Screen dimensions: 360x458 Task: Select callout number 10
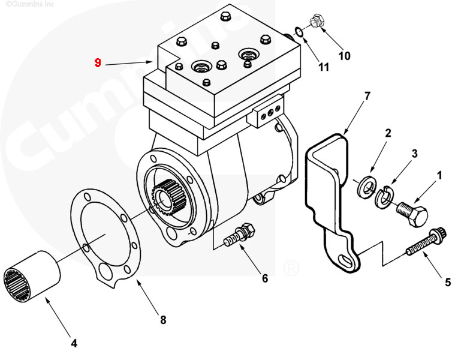(x=344, y=56)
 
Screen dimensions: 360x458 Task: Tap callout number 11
(x=323, y=67)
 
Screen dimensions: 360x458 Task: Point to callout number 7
(x=367, y=95)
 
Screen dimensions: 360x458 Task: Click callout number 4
(x=74, y=343)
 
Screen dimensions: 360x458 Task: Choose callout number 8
(x=162, y=320)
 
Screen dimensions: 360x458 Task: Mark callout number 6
(x=264, y=278)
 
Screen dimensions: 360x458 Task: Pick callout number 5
(x=448, y=281)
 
